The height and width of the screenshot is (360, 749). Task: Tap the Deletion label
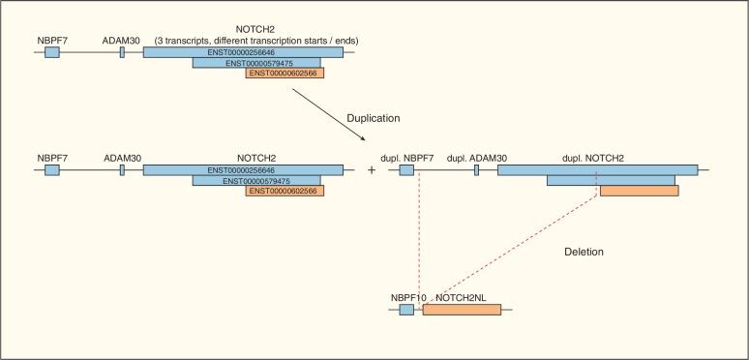584,252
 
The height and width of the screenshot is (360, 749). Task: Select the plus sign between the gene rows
372,169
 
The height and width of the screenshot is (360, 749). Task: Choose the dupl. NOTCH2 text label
592,156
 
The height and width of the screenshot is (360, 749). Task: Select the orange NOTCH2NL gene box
462,310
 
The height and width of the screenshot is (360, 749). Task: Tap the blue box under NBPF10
406,310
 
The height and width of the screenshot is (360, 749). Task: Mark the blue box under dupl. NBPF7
406,169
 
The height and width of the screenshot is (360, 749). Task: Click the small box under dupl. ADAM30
476,169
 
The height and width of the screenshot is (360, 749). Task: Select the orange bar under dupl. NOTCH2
639,191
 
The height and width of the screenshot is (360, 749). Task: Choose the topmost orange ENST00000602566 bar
285,73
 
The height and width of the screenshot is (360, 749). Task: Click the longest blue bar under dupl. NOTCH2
597,169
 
